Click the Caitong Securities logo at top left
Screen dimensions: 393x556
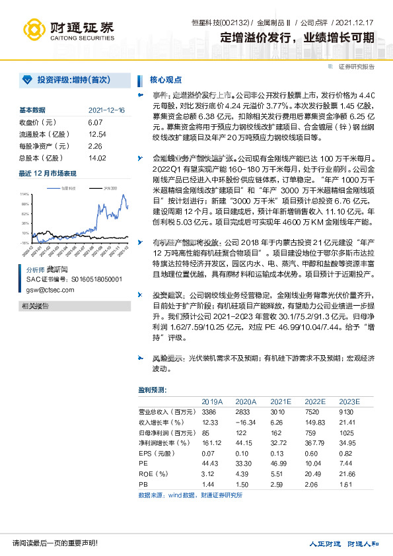tap(67, 29)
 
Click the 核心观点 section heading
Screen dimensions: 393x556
tap(166, 81)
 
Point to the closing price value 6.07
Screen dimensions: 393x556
tap(94, 123)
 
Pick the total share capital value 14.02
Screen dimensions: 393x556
tap(96, 158)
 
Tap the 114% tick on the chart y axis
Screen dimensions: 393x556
tap(24, 195)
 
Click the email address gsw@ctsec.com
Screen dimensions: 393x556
tap(50, 289)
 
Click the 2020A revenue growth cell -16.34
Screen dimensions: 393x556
tap(246, 422)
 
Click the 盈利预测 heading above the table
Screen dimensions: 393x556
tap(153, 390)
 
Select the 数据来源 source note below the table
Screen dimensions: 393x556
tap(190, 495)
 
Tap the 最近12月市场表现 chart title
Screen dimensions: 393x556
tap(47, 174)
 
